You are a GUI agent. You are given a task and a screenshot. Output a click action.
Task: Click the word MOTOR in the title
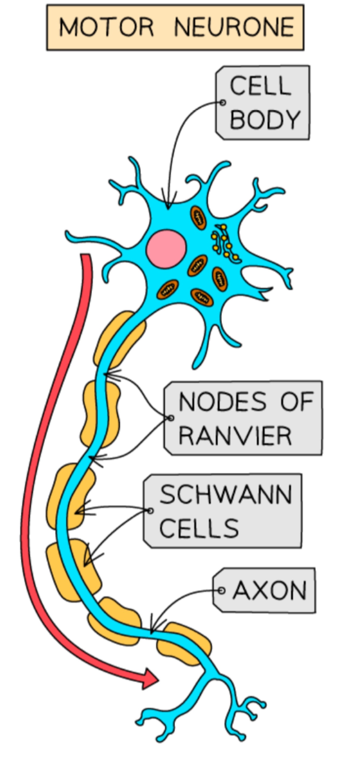106,27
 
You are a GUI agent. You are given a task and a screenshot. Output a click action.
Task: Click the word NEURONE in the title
234,27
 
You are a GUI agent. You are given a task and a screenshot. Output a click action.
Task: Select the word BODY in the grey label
265,119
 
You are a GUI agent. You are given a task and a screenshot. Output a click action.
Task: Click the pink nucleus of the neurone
166,249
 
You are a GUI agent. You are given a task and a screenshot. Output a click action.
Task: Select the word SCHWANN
226,495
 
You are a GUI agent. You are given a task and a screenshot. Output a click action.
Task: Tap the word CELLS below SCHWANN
199,528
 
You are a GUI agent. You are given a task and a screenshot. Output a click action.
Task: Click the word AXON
270,590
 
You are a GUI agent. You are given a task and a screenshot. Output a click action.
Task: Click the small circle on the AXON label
222,590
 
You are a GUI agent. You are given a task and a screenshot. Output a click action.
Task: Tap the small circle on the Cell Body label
223,102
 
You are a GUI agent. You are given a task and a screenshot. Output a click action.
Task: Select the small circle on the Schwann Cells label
150,511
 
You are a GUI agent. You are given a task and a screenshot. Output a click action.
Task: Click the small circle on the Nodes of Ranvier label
171,418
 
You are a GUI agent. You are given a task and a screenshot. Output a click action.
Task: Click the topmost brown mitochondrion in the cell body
199,218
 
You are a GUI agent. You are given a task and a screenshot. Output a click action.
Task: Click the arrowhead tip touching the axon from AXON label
151,632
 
